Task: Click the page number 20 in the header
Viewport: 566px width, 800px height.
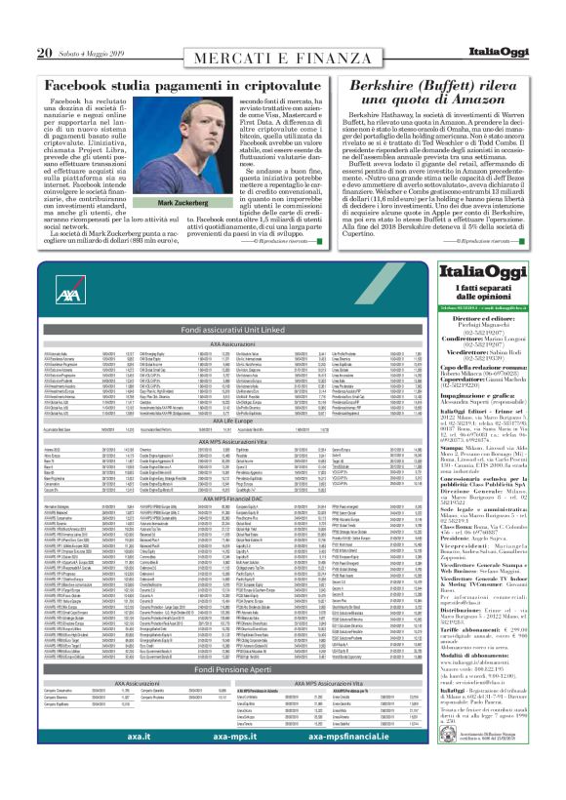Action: pos(44,24)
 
